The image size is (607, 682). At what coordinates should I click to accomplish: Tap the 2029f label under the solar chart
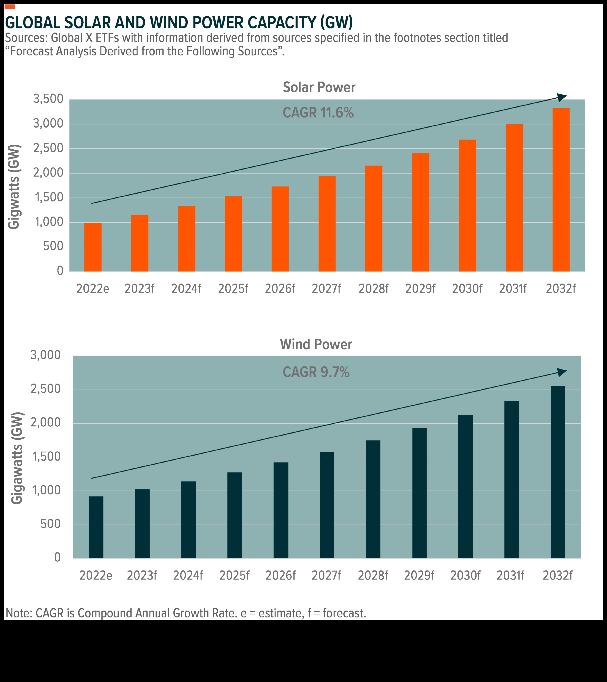coord(420,288)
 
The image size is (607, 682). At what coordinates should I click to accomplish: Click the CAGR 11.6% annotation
coord(318,113)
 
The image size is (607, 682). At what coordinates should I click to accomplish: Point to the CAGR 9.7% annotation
coord(316,372)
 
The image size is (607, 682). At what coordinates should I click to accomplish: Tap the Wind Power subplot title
coord(316,344)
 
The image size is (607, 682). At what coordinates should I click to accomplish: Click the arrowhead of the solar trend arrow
coord(562,97)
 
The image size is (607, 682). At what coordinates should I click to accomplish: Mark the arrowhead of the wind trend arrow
coord(562,372)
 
